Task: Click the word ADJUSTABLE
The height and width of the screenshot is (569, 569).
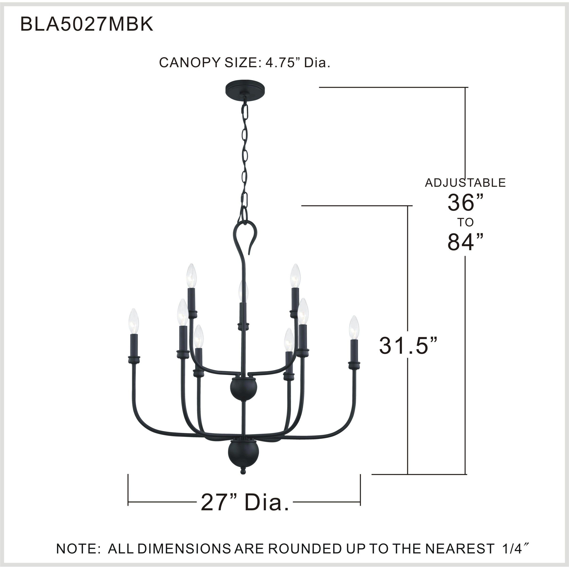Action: (x=465, y=183)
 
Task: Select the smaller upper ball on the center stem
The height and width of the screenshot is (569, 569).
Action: (x=244, y=389)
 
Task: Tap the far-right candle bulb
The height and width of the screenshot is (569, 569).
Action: (x=354, y=328)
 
